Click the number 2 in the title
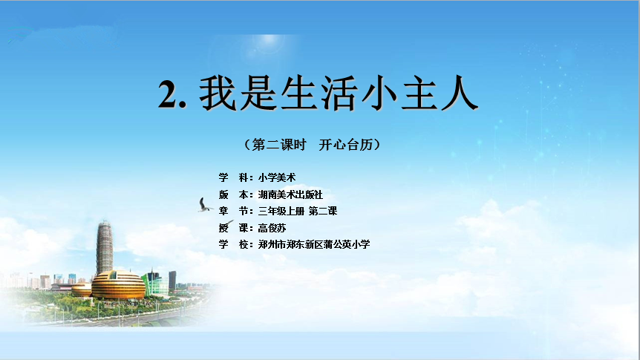(x=169, y=94)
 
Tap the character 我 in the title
(x=218, y=93)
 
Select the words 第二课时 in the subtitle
(x=278, y=145)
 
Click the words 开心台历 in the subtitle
(x=346, y=145)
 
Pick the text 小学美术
(x=277, y=177)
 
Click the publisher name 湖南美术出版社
(x=290, y=194)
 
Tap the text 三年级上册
(x=281, y=211)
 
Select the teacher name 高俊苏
(x=272, y=228)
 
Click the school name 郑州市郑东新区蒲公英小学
(x=314, y=244)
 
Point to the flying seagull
(x=205, y=205)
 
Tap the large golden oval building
(x=118, y=285)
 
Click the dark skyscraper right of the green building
(x=173, y=281)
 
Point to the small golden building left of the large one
(x=82, y=289)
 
